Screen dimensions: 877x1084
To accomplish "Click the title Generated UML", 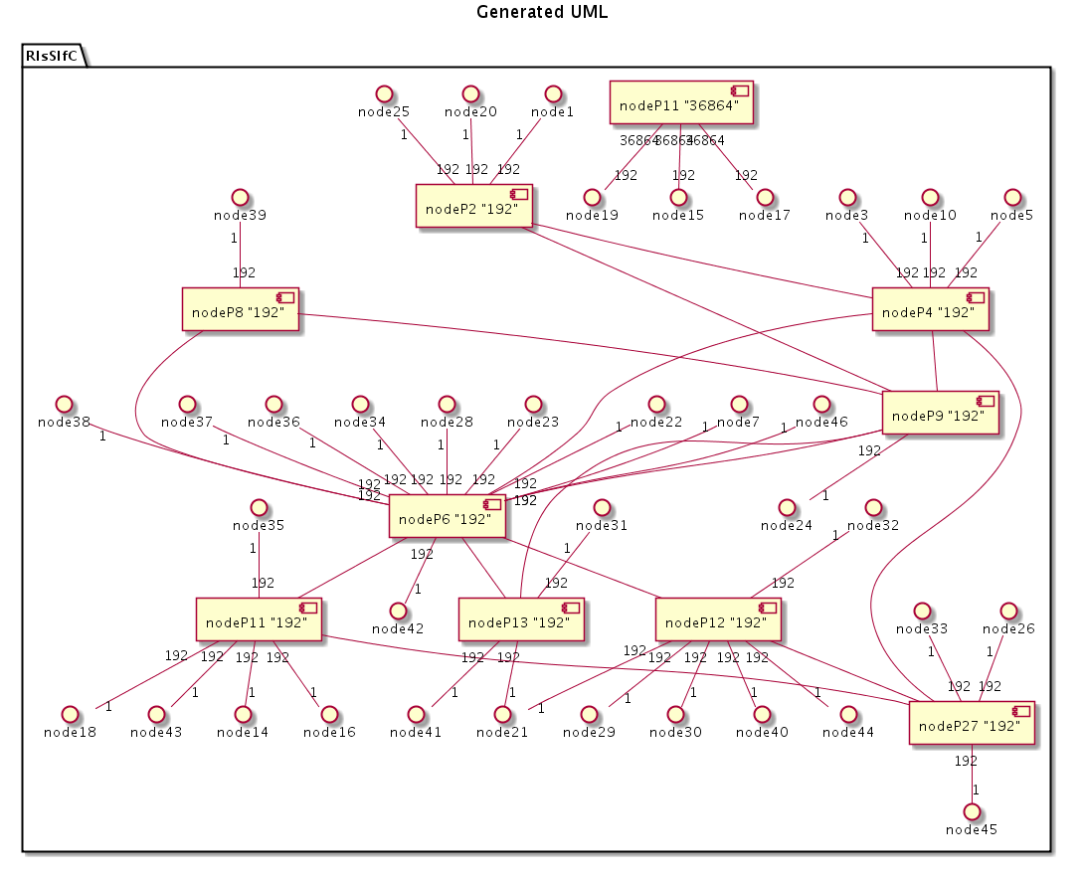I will coord(541,13).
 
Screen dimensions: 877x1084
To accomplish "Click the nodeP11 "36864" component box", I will coord(680,103).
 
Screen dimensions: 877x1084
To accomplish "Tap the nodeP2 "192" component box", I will coord(473,208).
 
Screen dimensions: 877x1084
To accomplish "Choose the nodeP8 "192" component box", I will coord(241,311).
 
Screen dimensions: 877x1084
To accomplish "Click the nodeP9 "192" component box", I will coord(941,415).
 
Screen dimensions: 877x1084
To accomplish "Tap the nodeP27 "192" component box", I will coord(972,725).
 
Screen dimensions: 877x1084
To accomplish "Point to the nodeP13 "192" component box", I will coord(520,621).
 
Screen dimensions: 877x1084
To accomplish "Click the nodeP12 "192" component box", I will coord(716,621).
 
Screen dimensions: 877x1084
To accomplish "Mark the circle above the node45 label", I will coord(973,811).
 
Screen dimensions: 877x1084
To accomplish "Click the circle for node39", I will coord(239,197).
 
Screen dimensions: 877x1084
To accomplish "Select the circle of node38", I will coord(66,404).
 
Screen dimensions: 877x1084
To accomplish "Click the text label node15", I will coord(678,215).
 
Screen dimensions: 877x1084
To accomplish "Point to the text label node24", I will coord(787,525).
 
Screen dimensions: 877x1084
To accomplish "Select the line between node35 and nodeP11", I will coord(260,567).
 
